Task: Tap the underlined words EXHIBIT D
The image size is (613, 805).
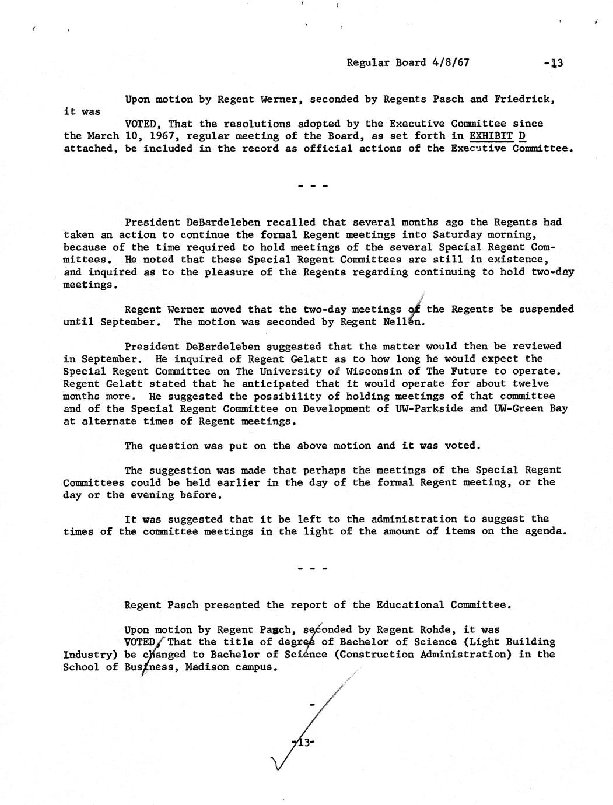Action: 501,136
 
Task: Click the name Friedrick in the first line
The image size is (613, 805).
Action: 523,99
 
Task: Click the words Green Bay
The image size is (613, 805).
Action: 537,408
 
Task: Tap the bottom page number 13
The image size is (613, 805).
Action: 303,743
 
